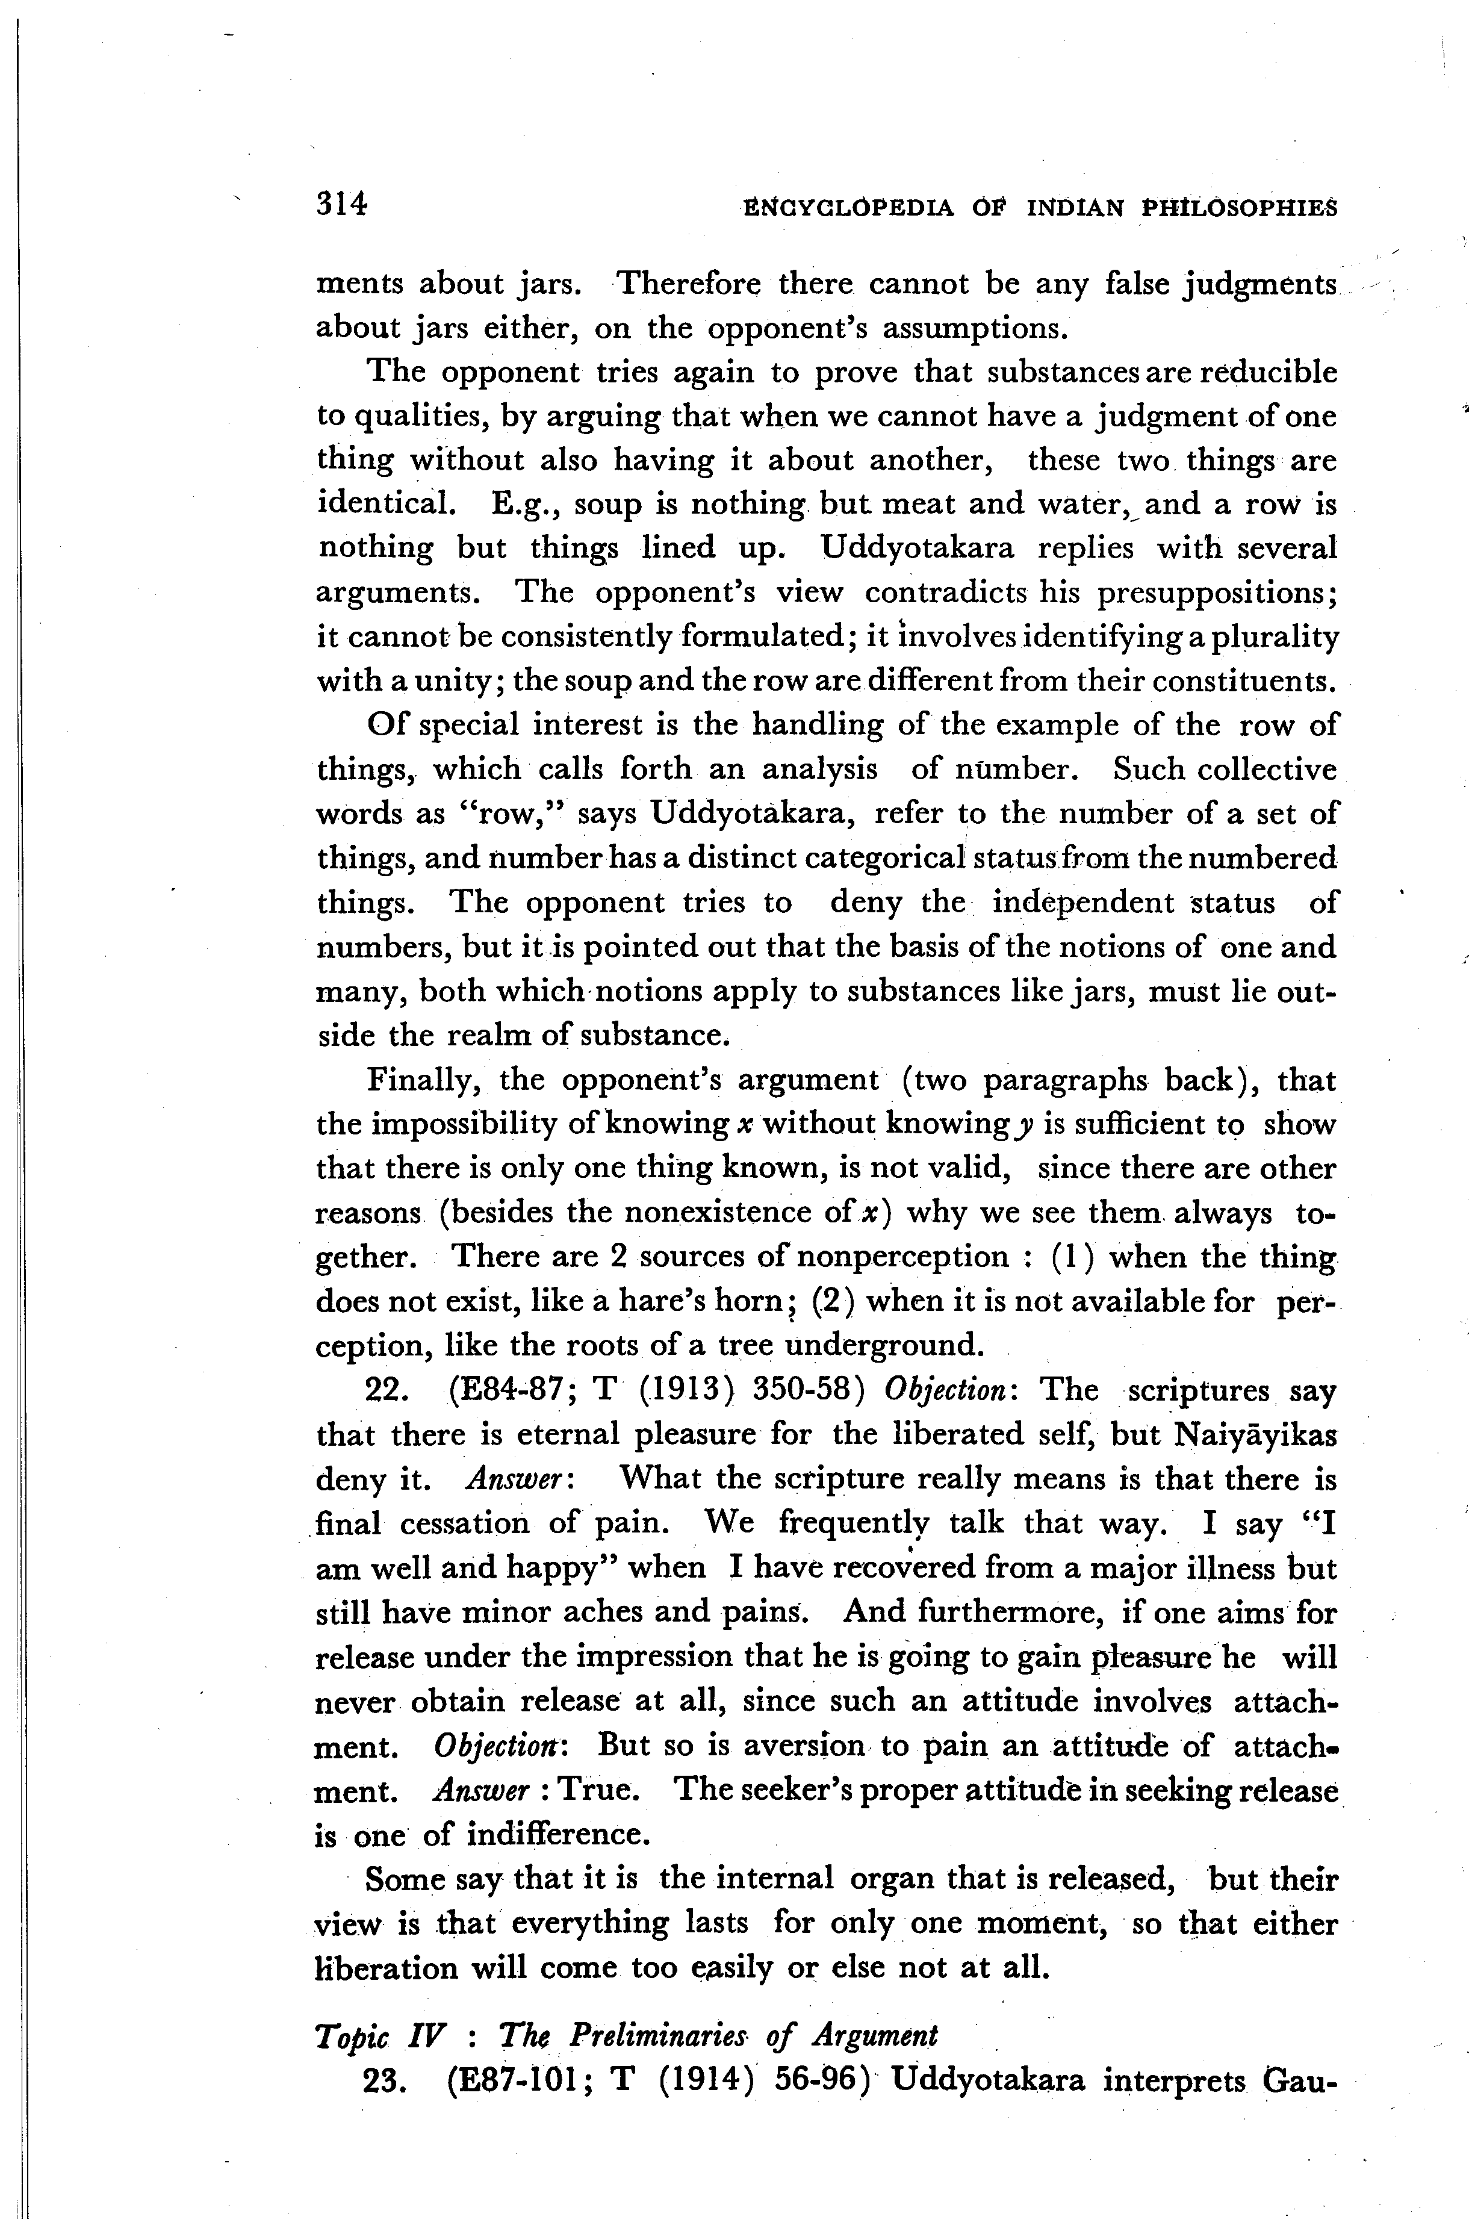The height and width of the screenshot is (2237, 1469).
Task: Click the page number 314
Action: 341,204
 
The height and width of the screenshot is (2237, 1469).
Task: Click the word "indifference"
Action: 556,1834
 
